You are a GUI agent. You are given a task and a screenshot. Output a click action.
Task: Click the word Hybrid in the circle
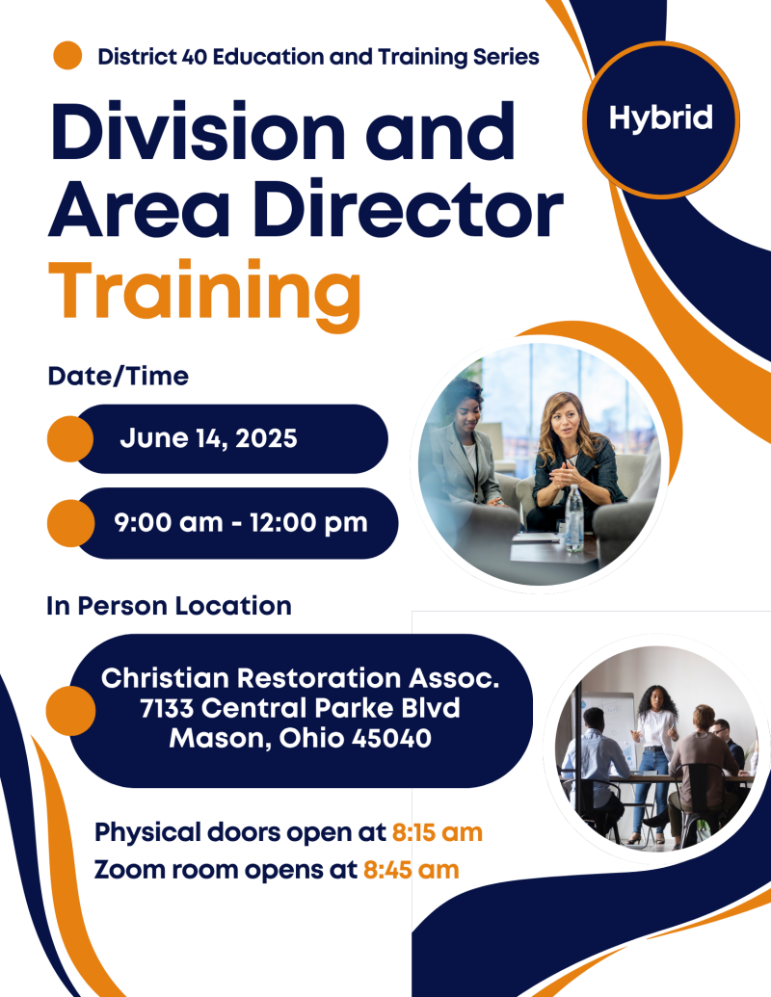(x=661, y=118)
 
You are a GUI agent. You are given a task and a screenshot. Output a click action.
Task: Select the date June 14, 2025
(x=209, y=438)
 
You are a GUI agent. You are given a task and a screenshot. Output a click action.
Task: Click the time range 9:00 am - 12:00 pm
(x=241, y=523)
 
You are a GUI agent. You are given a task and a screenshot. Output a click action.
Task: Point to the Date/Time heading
(x=119, y=376)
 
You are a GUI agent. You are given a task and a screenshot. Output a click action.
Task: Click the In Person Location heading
(x=170, y=605)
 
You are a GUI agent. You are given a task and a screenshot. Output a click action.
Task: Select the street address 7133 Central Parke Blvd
(x=301, y=708)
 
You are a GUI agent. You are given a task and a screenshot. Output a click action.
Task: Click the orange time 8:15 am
(x=437, y=832)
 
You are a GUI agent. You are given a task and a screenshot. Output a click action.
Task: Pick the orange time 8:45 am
(x=411, y=870)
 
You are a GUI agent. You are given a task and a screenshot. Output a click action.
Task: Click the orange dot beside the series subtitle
(x=67, y=55)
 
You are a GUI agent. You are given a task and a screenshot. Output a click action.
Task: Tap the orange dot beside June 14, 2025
(x=70, y=438)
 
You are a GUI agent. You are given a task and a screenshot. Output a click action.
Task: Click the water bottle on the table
(x=573, y=517)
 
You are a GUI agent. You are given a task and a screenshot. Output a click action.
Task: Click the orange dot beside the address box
(x=70, y=711)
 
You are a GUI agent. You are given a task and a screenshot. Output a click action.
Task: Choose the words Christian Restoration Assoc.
(x=301, y=678)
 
